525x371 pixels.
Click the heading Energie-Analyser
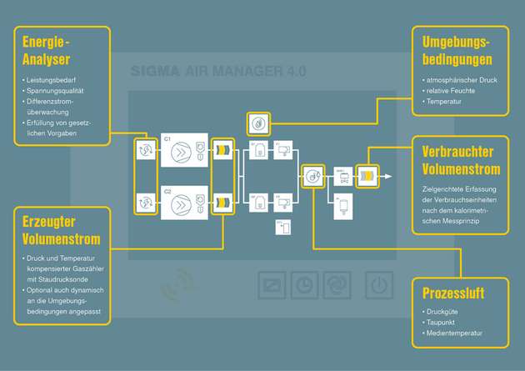click(x=46, y=52)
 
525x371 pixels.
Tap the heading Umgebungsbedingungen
click(x=456, y=51)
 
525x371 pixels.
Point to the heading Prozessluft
click(x=453, y=293)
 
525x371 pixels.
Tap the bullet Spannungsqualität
click(x=56, y=90)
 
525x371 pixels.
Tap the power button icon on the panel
click(x=380, y=285)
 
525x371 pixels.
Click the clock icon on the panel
click(x=305, y=284)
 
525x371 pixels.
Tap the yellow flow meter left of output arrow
click(x=366, y=176)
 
